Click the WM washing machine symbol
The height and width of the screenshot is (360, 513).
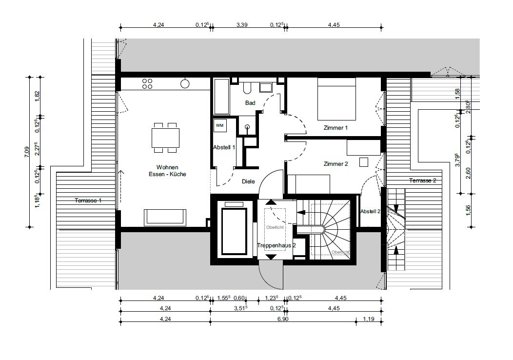[x=220, y=126]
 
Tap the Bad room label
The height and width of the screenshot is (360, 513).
[x=250, y=103]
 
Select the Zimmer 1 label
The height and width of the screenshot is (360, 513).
[x=335, y=128]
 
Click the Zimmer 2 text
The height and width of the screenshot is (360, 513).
[x=335, y=164]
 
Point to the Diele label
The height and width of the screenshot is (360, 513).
[x=248, y=181]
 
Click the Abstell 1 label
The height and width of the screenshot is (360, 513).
[x=224, y=148]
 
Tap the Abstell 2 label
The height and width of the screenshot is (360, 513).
[x=370, y=212]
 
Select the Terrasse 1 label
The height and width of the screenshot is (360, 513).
[x=88, y=200]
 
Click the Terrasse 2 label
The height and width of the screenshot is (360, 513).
[x=423, y=180]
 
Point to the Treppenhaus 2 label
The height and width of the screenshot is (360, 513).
[x=276, y=245]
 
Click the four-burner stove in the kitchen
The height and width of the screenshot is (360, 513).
[x=147, y=84]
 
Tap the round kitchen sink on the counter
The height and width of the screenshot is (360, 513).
[x=185, y=84]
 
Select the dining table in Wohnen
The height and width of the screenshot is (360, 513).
[x=165, y=138]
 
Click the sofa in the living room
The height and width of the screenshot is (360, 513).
[x=165, y=218]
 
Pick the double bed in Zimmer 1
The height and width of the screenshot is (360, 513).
[x=336, y=99]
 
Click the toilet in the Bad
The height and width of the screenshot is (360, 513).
[x=247, y=87]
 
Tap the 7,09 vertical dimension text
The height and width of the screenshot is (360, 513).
[x=27, y=152]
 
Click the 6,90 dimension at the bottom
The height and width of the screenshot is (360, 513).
[x=283, y=319]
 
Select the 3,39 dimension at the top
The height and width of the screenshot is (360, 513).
[x=242, y=25]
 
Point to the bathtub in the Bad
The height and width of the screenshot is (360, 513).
[x=222, y=97]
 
